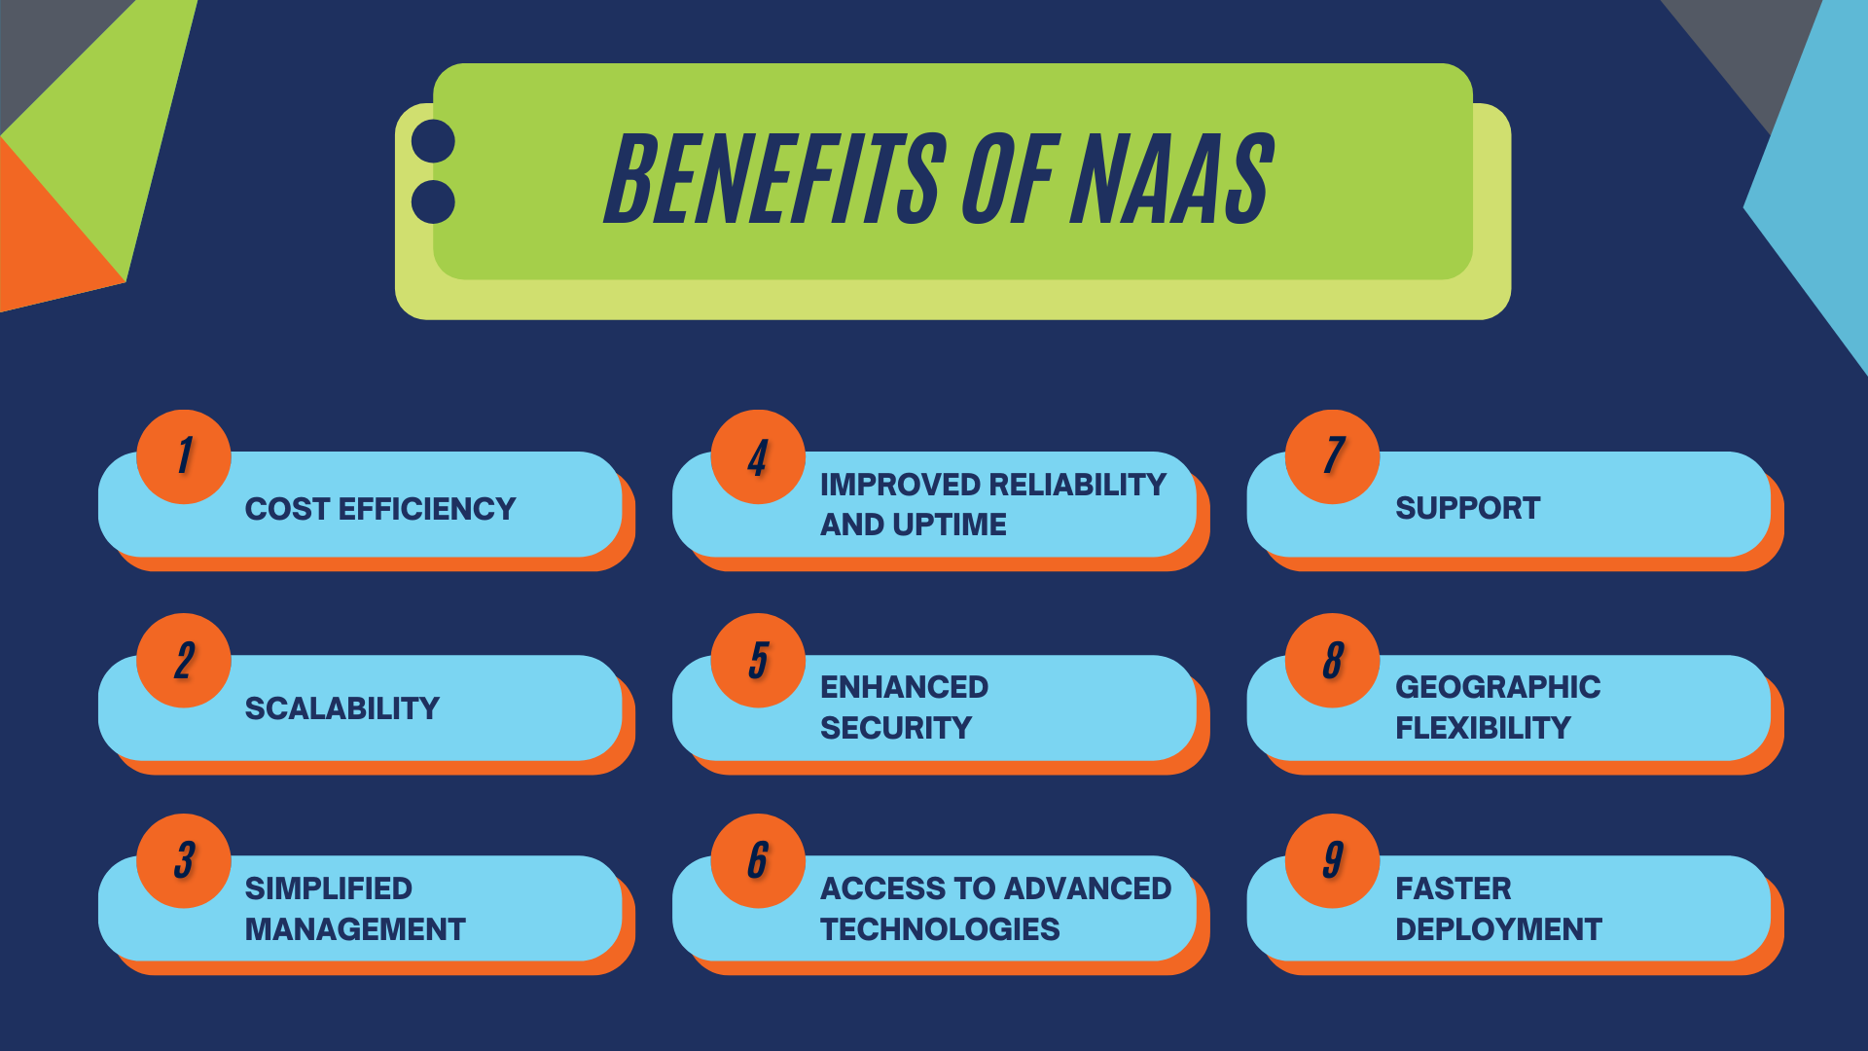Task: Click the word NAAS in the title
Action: [x=1171, y=179]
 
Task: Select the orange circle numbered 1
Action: [x=184, y=456]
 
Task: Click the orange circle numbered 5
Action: [x=758, y=660]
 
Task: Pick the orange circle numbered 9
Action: [x=1332, y=860]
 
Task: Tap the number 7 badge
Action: [x=1332, y=456]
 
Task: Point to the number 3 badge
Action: [x=184, y=860]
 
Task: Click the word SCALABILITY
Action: [x=341, y=708]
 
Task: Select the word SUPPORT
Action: [x=1467, y=508]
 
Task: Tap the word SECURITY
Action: [x=895, y=728]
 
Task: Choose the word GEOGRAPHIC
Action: [x=1497, y=687]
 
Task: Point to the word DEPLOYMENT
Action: [x=1498, y=929]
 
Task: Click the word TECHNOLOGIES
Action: [x=939, y=929]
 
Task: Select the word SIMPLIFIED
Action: [x=328, y=888]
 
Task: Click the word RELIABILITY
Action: [x=1076, y=485]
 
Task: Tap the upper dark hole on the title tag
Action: [x=433, y=142]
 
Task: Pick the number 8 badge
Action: [x=1332, y=660]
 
